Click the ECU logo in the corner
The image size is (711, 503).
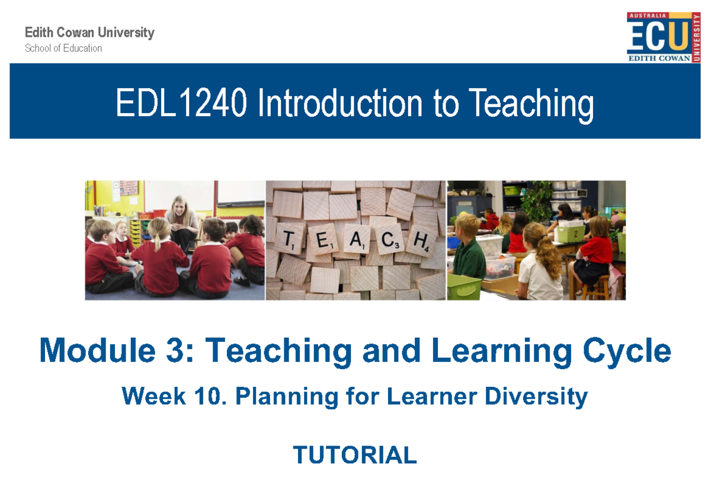click(663, 37)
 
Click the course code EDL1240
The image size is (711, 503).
click(180, 104)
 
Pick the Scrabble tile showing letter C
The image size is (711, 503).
click(389, 240)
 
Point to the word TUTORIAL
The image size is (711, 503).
click(355, 455)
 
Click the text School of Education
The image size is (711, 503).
click(63, 49)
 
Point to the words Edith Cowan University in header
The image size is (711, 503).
click(89, 33)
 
